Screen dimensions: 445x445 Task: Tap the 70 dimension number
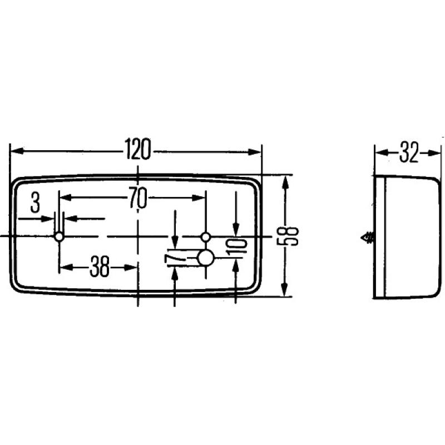pos(137,198)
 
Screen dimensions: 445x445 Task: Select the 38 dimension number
pos(100,268)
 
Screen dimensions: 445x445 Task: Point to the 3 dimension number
pos(35,203)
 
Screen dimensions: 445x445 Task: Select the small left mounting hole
pos(58,237)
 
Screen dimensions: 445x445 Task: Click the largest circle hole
pos(206,258)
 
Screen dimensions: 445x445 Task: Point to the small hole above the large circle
pos(206,237)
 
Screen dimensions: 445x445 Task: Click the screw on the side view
pos(367,238)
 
